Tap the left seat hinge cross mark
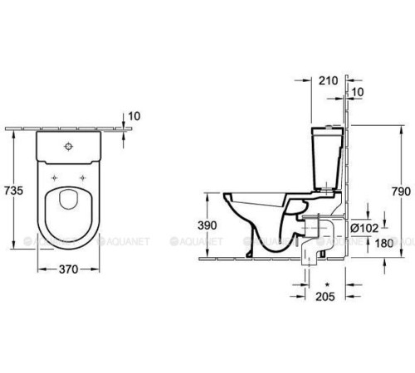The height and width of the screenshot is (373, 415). tap(54, 177)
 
